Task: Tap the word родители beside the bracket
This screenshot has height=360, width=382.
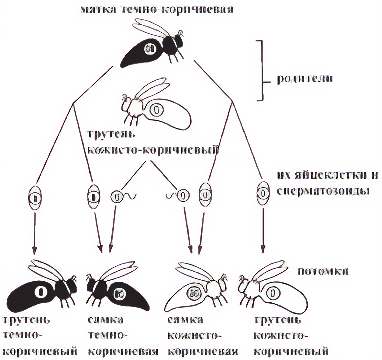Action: tap(305, 79)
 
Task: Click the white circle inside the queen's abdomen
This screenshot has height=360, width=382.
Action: tap(150, 49)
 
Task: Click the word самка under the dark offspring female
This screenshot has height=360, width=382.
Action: tap(105, 320)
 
